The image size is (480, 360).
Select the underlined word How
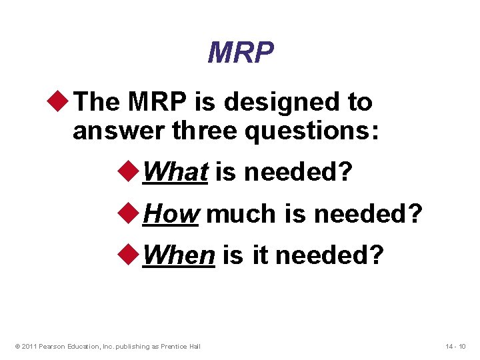coord(171,213)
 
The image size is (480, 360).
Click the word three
coord(204,131)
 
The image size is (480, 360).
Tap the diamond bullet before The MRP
coord(63,102)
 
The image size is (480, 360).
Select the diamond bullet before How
coord(133,213)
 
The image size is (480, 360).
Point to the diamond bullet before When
coord(133,254)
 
